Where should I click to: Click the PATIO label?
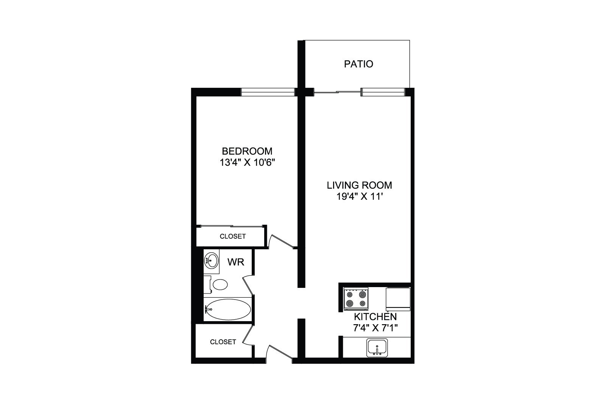click(358, 64)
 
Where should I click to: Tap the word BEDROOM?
click(247, 151)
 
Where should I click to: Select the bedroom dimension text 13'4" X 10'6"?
click(247, 163)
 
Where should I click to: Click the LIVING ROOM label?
click(359, 185)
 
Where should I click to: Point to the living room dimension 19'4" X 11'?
click(360, 197)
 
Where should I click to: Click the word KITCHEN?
click(375, 317)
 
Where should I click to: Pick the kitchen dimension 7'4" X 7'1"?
click(375, 328)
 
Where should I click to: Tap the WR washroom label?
click(236, 262)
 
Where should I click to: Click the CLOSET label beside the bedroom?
click(233, 236)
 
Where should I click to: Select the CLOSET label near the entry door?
click(223, 342)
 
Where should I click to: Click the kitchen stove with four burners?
click(356, 299)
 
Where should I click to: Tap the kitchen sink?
click(377, 348)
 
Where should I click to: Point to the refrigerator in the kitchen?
click(398, 299)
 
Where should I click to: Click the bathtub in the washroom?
click(228, 309)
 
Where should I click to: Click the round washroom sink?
click(211, 260)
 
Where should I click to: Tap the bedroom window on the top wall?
click(268, 92)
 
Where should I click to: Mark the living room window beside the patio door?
click(383, 92)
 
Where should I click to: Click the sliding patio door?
click(337, 92)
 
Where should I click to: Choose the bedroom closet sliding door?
click(231, 226)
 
